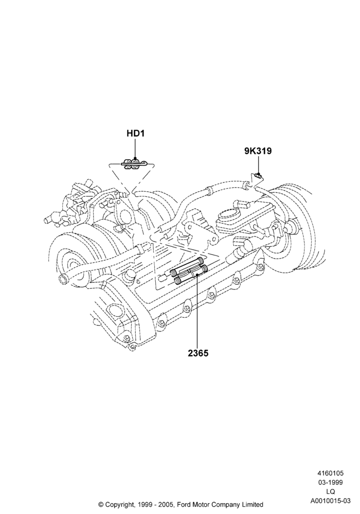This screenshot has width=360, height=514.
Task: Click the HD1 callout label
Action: pyautogui.click(x=135, y=134)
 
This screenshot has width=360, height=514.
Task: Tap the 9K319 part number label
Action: pyautogui.click(x=258, y=151)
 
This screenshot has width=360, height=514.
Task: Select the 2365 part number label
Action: pyautogui.click(x=198, y=354)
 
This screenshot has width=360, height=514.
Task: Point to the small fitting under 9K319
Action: pyautogui.click(x=258, y=177)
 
